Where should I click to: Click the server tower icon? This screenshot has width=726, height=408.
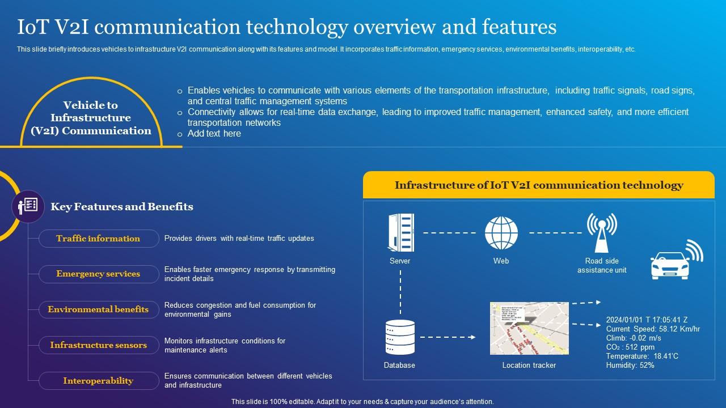pyautogui.click(x=400, y=232)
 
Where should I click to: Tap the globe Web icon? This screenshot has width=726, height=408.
pyautogui.click(x=501, y=233)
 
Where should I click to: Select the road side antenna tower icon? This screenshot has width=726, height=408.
pyautogui.click(x=602, y=232)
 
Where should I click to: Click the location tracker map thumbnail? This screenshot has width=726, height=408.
pyautogui.click(x=529, y=328)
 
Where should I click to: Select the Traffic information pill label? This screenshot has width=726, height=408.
pyautogui.click(x=99, y=239)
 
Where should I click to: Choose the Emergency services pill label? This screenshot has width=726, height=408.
pyautogui.click(x=99, y=274)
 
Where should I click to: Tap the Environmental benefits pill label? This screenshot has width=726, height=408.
pyautogui.click(x=99, y=310)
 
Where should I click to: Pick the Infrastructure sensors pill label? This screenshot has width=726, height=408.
pyautogui.click(x=99, y=345)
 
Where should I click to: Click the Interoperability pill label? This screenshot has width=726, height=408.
pyautogui.click(x=99, y=381)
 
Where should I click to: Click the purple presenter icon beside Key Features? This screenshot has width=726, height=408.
pyautogui.click(x=28, y=206)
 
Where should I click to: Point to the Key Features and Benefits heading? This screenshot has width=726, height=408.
pyautogui.click(x=122, y=207)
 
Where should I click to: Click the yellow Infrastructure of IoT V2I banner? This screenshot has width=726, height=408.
pyautogui.click(x=538, y=185)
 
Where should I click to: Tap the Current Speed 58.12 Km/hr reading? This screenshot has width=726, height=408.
pyautogui.click(x=653, y=329)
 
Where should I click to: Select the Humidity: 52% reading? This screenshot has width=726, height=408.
pyautogui.click(x=630, y=365)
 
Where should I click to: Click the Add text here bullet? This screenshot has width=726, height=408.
pyautogui.click(x=214, y=134)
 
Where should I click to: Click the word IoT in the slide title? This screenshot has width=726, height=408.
pyautogui.click(x=35, y=27)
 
